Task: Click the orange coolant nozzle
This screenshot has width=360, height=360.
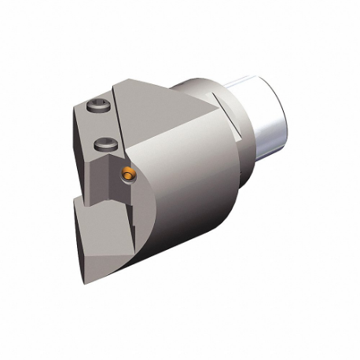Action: [128, 169]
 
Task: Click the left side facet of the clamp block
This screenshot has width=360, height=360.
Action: [82, 141]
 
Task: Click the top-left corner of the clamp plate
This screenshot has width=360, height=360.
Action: [80, 103]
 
